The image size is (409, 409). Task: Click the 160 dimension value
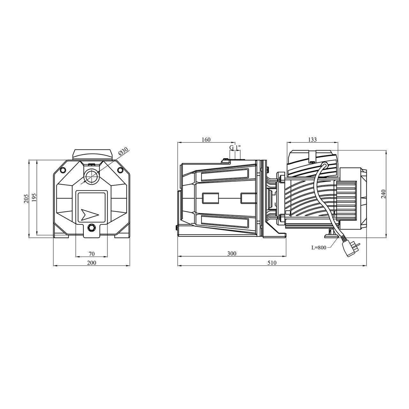point(206,139)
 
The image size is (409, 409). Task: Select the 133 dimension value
point(313,139)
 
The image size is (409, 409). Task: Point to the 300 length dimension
point(232,253)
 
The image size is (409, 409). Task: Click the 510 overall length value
point(272,263)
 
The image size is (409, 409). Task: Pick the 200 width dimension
point(92,263)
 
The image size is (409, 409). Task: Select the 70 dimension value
point(92,254)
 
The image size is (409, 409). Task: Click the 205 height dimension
point(26,198)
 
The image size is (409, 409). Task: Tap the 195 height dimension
point(35,197)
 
